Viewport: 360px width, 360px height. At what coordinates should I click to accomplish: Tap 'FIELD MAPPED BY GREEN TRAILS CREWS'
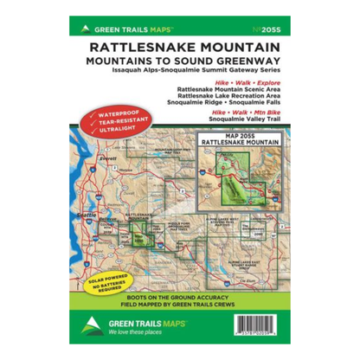click(x=180, y=306)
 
